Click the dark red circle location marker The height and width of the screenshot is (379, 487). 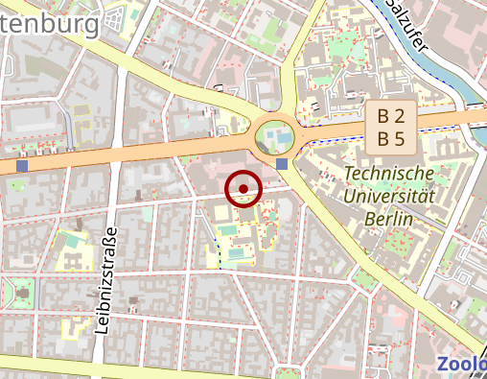pyautogui.click(x=243, y=188)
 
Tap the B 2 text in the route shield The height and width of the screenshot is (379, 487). pyautogui.click(x=390, y=116)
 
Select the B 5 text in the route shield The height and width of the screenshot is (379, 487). pyautogui.click(x=390, y=138)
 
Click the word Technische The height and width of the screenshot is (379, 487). pyautogui.click(x=388, y=174)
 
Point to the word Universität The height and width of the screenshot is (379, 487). pyautogui.click(x=389, y=197)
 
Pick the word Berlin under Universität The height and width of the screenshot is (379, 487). pyautogui.click(x=388, y=220)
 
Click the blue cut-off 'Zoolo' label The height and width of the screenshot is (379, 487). pyautogui.click(x=461, y=364)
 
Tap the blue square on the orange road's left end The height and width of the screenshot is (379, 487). pyautogui.click(x=22, y=166)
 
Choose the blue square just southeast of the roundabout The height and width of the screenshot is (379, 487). pyautogui.click(x=281, y=164)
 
